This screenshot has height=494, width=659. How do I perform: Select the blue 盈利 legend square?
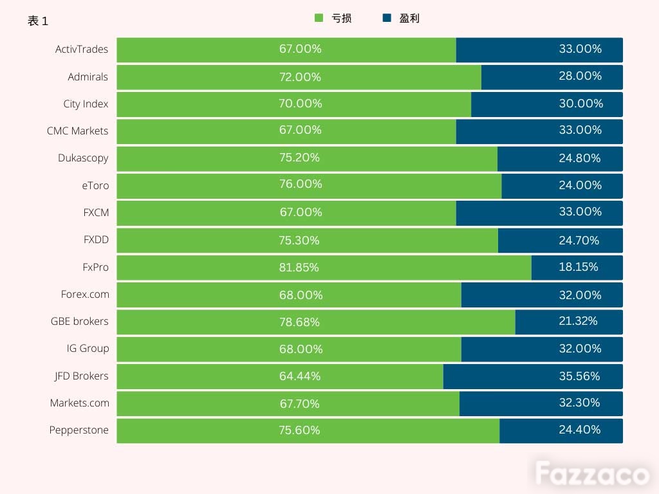point(387,18)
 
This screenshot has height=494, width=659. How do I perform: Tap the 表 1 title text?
point(38,21)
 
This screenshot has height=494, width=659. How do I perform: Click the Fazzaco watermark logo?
point(592,474)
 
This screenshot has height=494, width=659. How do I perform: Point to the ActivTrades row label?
point(82,50)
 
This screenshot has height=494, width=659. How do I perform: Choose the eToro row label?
point(95,186)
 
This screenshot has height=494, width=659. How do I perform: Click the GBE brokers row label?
point(80,322)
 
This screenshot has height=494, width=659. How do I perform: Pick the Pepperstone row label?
point(79,430)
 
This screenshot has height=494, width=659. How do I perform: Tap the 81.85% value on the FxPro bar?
point(299,268)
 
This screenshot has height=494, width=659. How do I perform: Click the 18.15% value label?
point(579,267)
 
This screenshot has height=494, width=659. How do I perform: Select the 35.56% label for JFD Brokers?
point(580,376)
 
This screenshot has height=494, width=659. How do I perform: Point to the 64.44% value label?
point(300,376)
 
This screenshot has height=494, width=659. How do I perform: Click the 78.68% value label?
point(299,322)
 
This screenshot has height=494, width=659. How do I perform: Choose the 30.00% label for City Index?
point(581,104)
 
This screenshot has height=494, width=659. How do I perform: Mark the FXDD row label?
point(96,240)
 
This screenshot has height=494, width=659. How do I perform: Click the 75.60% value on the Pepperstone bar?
point(299,430)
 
